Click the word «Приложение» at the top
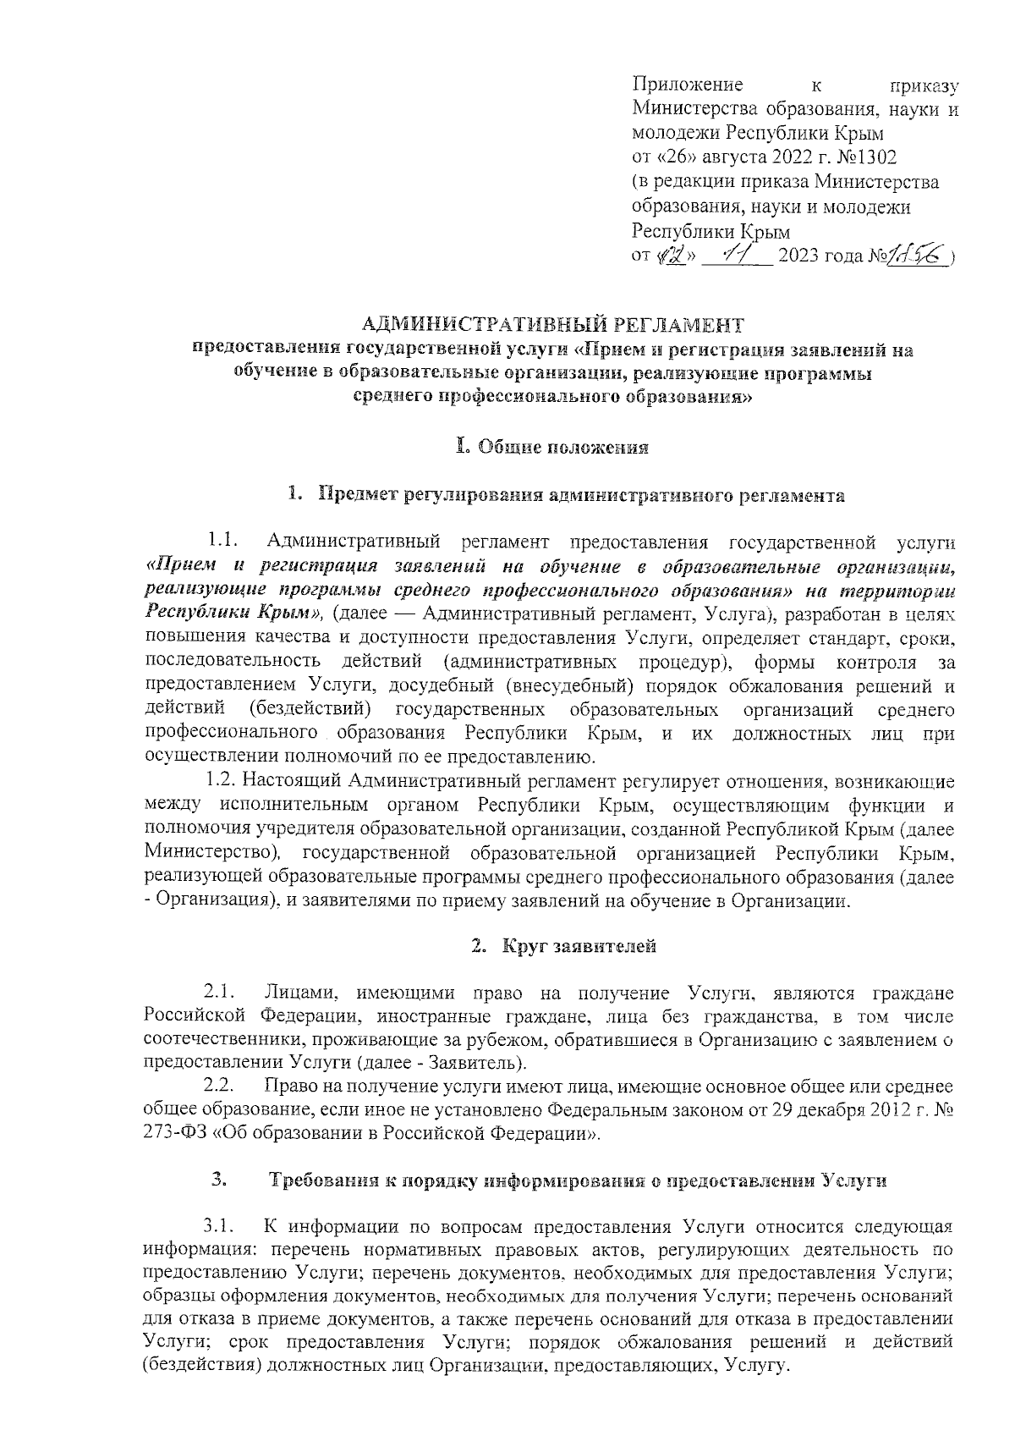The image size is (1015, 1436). click(688, 85)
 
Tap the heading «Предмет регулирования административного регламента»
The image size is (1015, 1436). click(581, 496)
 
